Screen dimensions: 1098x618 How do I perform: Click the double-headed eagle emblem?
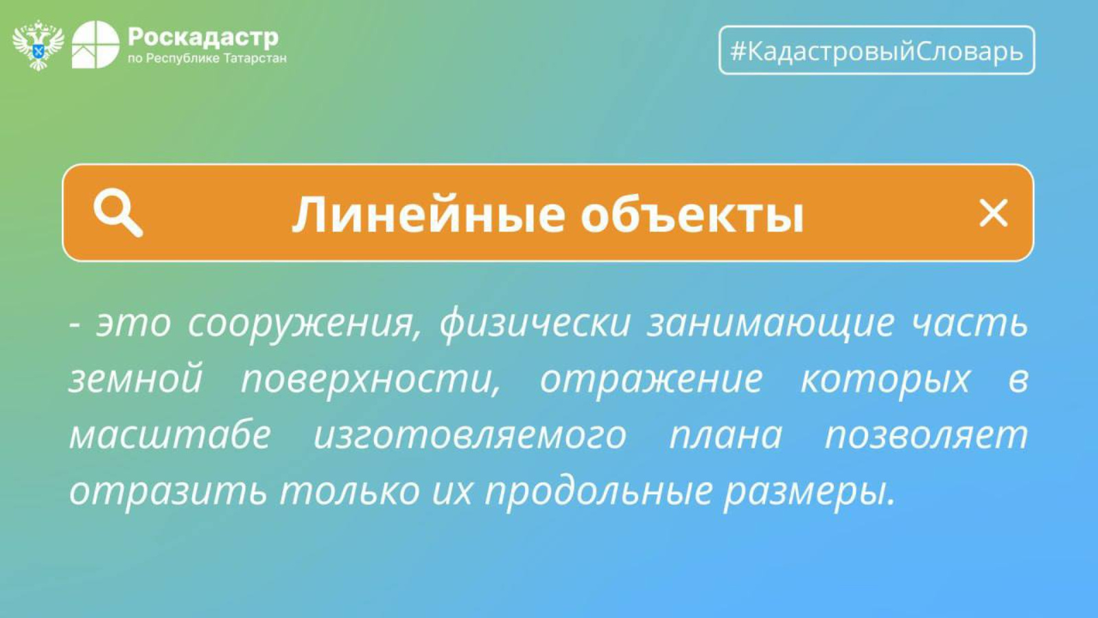[x=38, y=45]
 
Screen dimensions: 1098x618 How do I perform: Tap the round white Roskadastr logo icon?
[x=95, y=45]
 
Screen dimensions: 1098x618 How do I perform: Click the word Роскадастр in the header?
[x=203, y=37]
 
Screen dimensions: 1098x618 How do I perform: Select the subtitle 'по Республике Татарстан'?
[x=207, y=58]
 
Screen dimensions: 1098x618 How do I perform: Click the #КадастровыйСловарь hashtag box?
[x=876, y=50]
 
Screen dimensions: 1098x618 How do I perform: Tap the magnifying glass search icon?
[x=118, y=213]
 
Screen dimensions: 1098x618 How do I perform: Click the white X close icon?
[x=993, y=213]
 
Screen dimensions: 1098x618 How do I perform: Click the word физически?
[x=535, y=323]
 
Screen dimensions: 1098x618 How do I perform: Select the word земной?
[x=136, y=378]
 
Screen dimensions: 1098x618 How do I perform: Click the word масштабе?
[x=170, y=435]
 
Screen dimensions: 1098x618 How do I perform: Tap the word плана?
[x=725, y=435]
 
